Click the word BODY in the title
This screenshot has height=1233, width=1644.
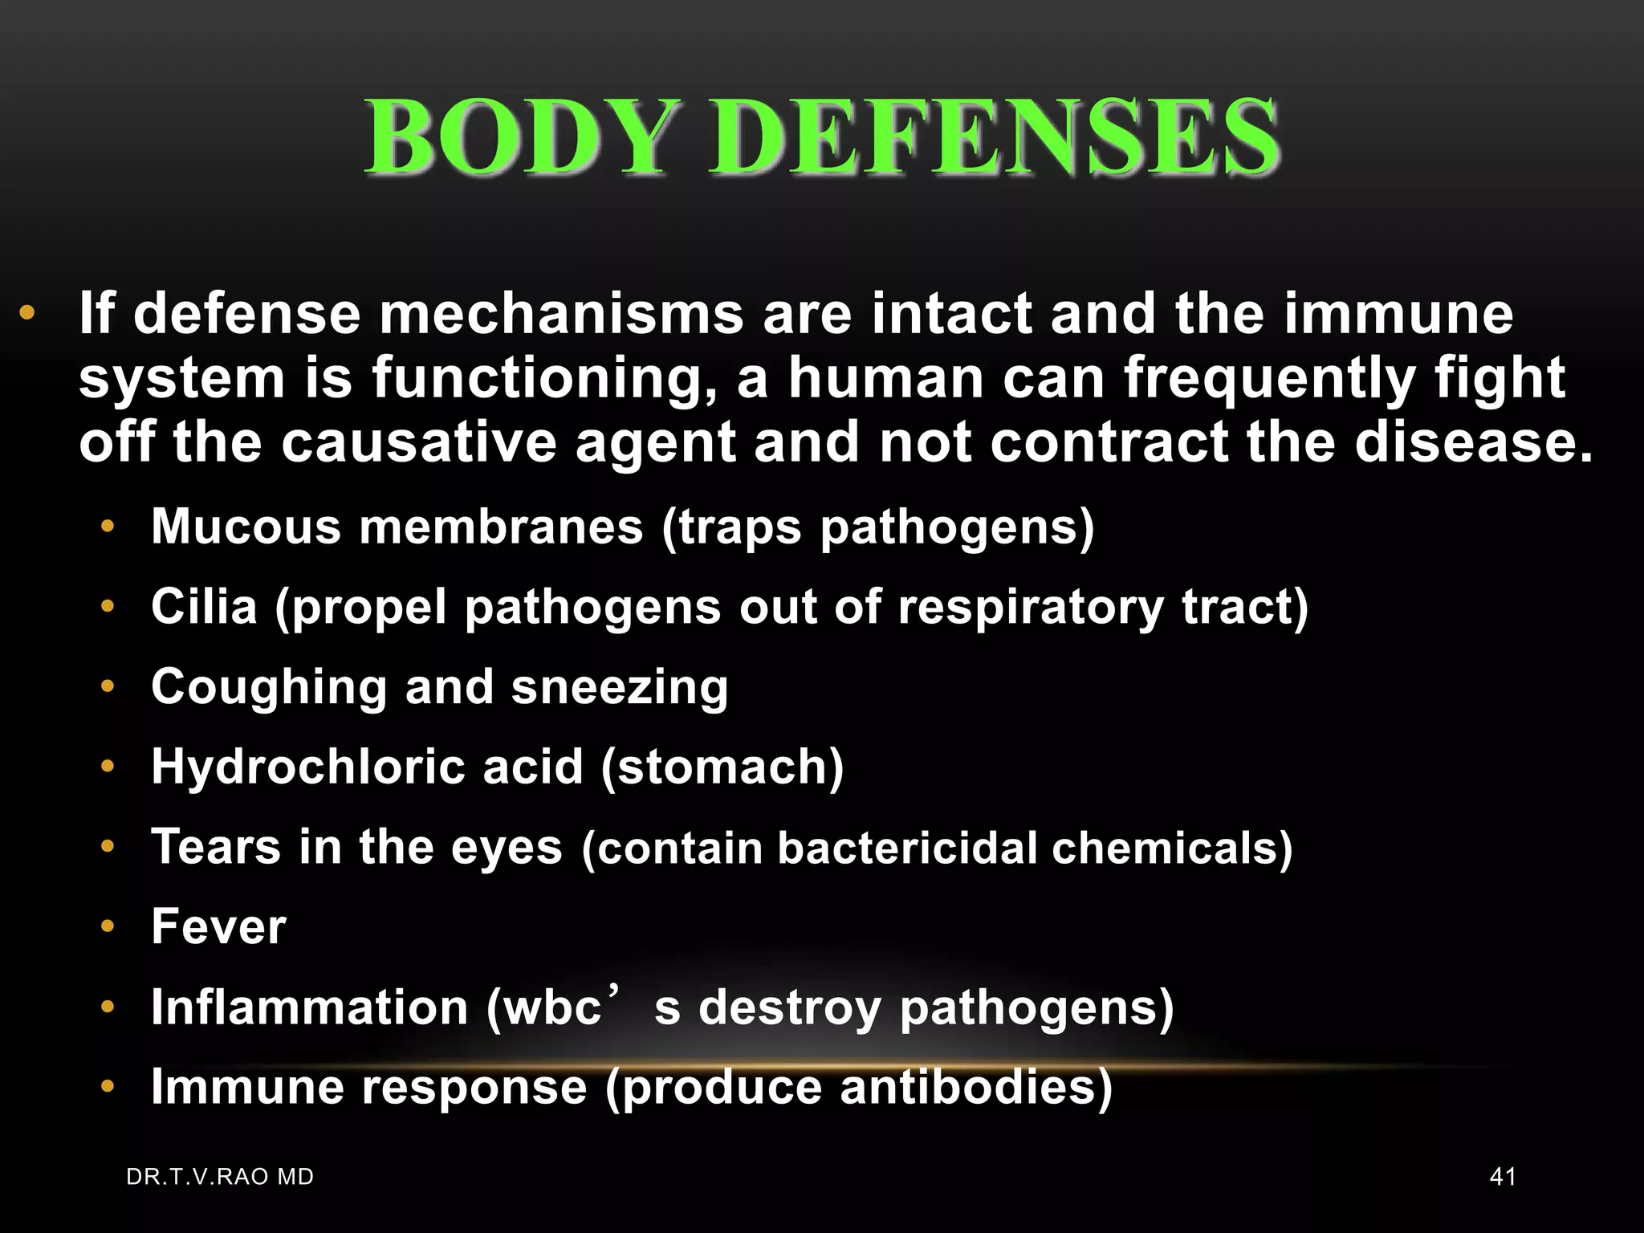tap(517, 136)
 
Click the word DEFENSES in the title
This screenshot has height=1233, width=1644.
tap(994, 136)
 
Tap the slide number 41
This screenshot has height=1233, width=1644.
tap(1503, 1177)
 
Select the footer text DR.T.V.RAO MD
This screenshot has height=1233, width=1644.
tap(220, 1177)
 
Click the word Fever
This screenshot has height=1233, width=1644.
tap(218, 926)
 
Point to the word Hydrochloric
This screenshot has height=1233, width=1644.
tap(307, 767)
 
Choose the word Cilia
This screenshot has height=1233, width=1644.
tap(204, 606)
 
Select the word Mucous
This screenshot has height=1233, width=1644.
tap(246, 527)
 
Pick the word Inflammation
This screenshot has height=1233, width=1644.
tap(309, 1007)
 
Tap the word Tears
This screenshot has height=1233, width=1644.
tap(215, 847)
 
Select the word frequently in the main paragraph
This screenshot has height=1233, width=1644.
tap(1269, 379)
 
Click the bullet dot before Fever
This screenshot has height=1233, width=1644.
tap(108, 927)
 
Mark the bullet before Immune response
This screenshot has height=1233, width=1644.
tap(108, 1087)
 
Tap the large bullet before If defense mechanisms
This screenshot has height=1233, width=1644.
tap(27, 313)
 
